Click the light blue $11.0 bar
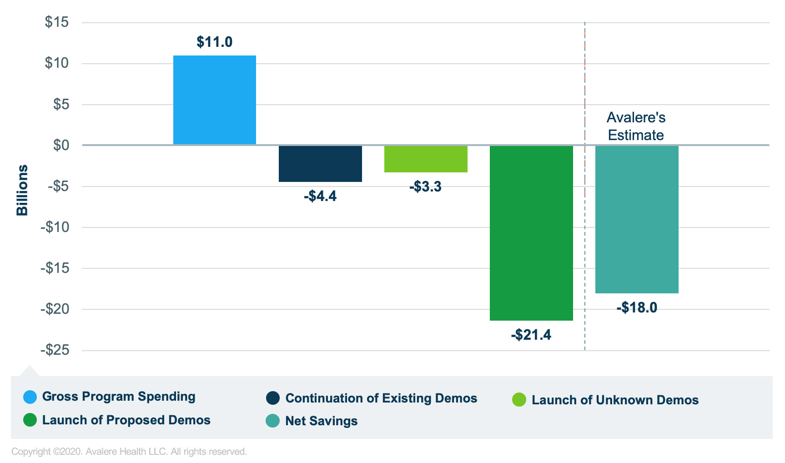coord(214,100)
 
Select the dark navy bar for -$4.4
coord(320,164)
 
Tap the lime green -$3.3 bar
coord(426,159)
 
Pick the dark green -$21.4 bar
coord(531,233)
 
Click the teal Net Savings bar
coord(637,219)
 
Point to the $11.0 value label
coord(214,42)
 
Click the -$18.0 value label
coord(637,308)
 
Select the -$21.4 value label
coord(531,335)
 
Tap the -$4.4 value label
coord(320,196)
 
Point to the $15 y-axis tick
coord(57,22)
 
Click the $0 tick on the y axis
coord(61,145)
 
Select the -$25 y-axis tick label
coord(55,350)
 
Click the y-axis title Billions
coord(22,190)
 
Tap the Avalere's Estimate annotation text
coord(636,126)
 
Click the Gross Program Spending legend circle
coord(30,397)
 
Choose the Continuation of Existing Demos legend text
coord(381,398)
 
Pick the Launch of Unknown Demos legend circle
coord(519,400)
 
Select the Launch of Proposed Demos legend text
coord(126,420)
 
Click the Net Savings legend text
coord(321,421)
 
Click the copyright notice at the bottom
coord(129,452)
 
